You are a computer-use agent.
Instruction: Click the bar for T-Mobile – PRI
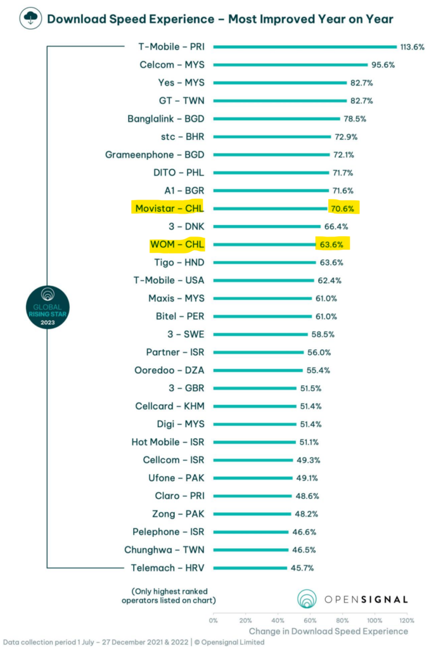[304, 46]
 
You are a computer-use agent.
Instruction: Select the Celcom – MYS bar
[290, 65]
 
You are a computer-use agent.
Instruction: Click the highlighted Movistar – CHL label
[170, 208]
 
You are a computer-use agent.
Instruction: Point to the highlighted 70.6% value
[343, 208]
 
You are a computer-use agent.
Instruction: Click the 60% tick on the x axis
[310, 620]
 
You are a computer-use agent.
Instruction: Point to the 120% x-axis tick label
[407, 620]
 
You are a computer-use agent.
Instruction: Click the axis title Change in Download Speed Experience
[328, 631]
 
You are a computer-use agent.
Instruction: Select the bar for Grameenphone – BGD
[271, 155]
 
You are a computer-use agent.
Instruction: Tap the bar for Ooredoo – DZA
[258, 370]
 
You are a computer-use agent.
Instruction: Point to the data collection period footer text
[132, 642]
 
